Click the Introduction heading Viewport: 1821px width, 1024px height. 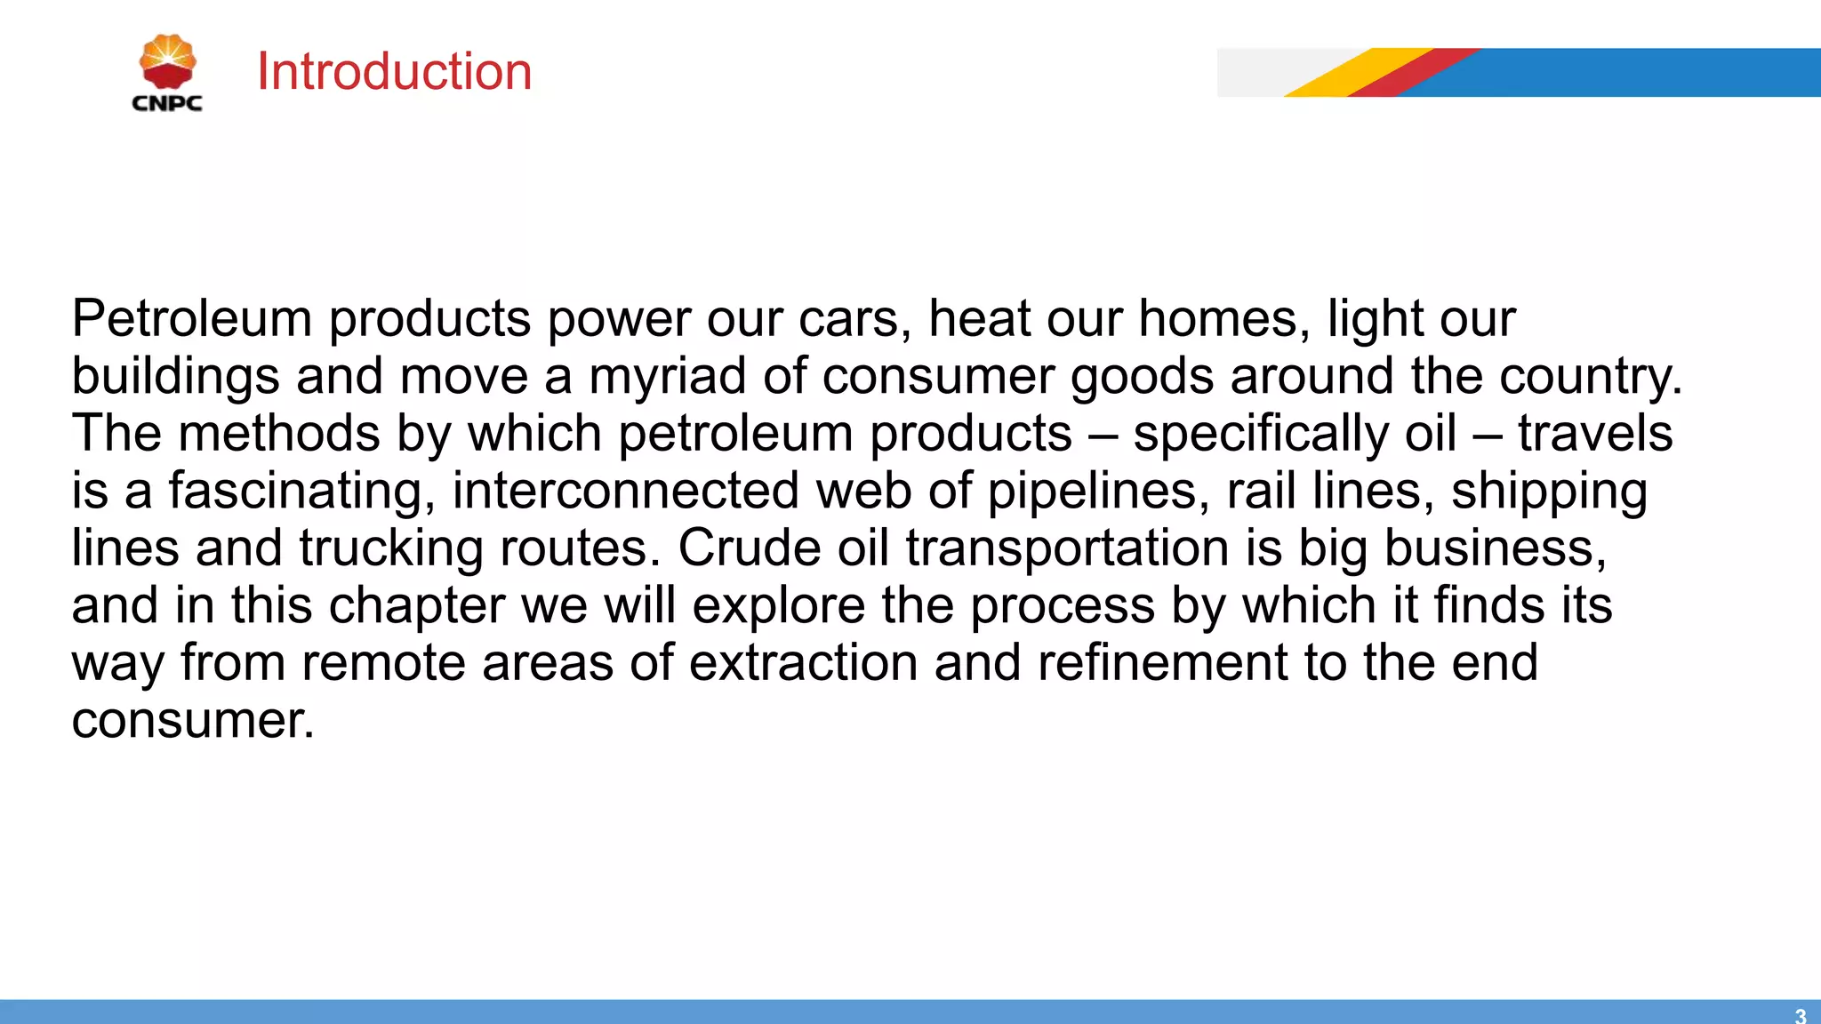(394, 71)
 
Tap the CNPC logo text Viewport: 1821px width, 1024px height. (167, 103)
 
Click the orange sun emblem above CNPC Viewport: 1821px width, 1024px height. (167, 62)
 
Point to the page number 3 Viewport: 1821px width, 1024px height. (1800, 1015)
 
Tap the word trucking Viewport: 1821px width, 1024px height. (391, 548)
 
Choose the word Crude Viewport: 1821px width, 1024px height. (749, 548)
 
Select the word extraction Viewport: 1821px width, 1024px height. (803, 663)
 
